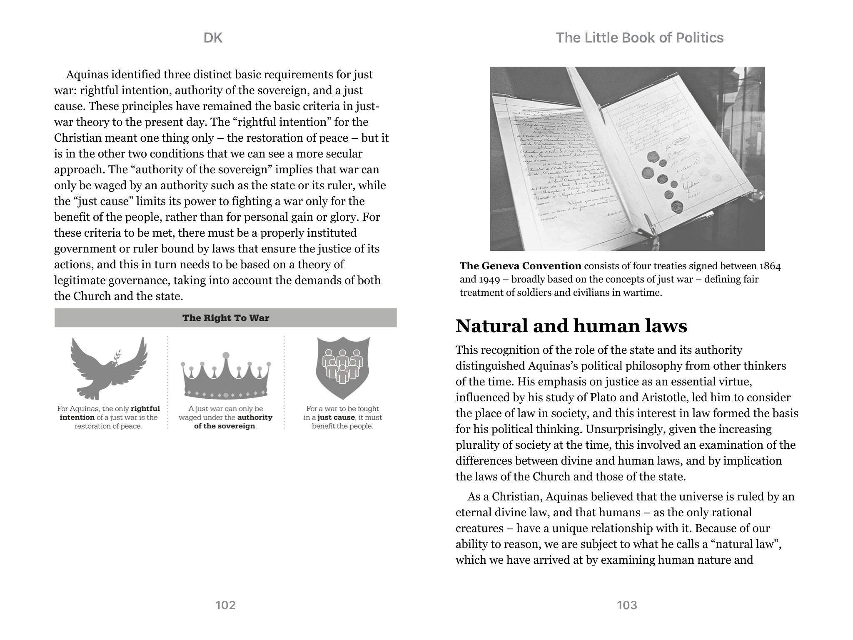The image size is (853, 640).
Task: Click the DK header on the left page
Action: [x=213, y=38]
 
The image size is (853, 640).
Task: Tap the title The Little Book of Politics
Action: [x=639, y=38]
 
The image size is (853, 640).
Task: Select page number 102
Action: [x=225, y=605]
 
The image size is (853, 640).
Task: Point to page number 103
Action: [x=627, y=605]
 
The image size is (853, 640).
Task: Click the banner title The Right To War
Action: [x=225, y=318]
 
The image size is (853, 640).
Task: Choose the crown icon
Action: [x=226, y=377]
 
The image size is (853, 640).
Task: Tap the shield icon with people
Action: [x=343, y=367]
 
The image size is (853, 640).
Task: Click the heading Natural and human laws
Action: [x=571, y=326]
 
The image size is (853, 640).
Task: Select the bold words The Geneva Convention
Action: [x=520, y=266]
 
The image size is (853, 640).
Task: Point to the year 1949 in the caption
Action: [x=486, y=279]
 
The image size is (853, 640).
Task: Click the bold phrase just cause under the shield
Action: [x=336, y=417]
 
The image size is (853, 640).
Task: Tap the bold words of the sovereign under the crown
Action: [x=224, y=426]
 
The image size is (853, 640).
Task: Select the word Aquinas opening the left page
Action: [x=90, y=75]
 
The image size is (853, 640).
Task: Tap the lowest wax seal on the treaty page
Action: [x=677, y=206]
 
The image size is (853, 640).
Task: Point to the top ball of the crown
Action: [x=226, y=355]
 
